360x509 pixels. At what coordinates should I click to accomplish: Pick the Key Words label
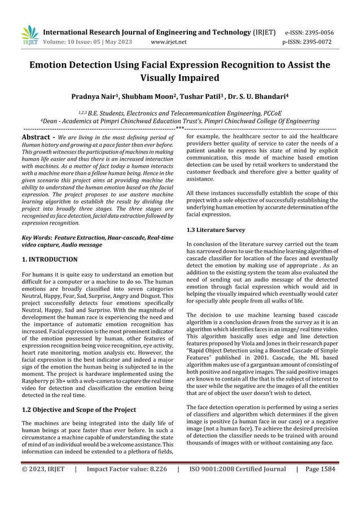[x=36, y=238]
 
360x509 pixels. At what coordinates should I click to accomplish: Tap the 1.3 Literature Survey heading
[x=216, y=230]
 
